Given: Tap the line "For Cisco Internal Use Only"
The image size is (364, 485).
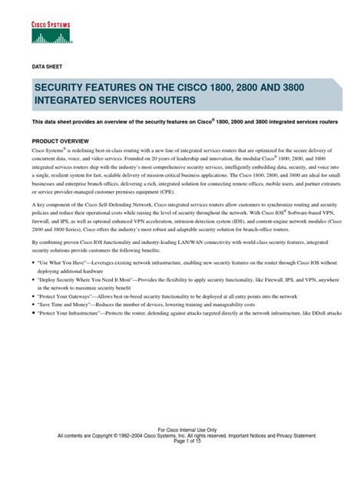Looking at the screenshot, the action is pyautogui.click(x=182, y=450).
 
